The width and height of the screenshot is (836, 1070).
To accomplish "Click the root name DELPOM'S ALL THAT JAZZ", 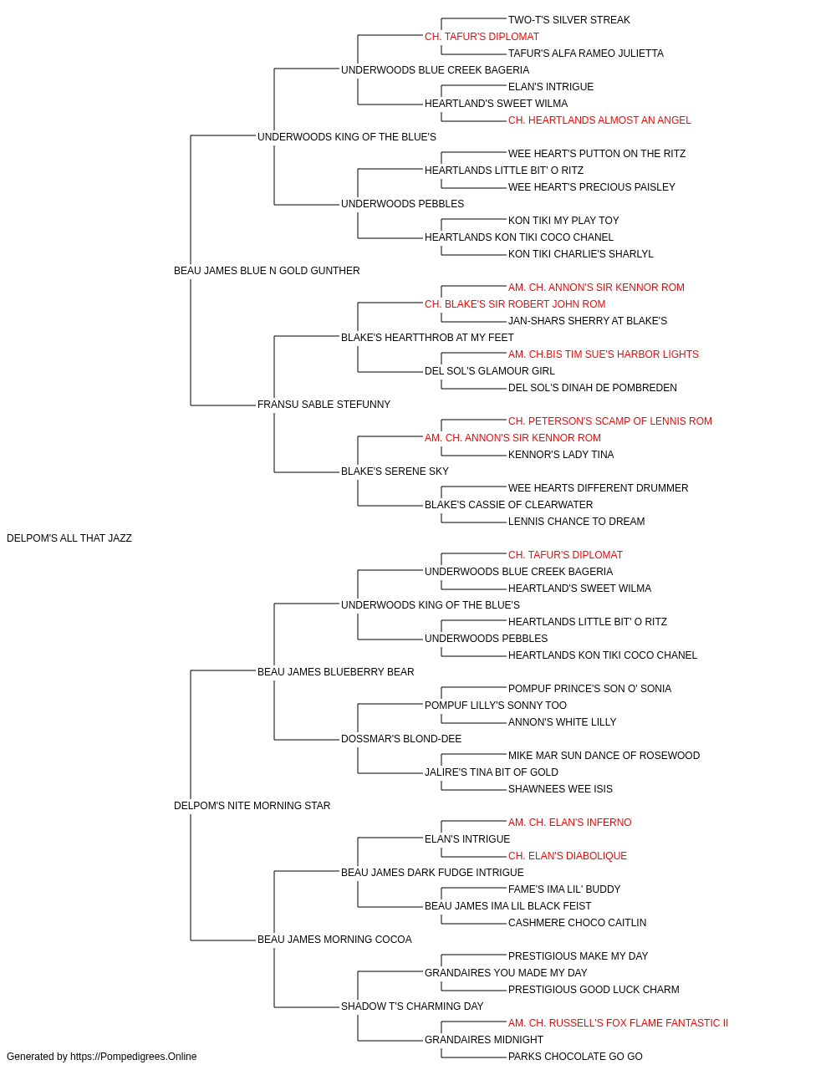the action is pos(69,538).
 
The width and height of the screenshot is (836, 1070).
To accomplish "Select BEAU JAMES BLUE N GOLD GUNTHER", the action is pos(267,271).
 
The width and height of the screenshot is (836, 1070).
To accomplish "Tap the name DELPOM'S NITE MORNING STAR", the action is pos(252,806).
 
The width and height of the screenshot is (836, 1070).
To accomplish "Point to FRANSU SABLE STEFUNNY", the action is pos(324,405).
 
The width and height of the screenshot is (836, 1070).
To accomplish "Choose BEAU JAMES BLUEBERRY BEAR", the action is pos(336,671).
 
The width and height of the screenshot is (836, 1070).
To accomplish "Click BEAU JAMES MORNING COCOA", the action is pos(334,939).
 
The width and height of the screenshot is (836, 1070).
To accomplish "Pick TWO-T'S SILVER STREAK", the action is pos(569,20).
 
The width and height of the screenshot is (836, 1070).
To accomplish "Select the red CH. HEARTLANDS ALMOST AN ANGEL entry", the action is pos(599,120).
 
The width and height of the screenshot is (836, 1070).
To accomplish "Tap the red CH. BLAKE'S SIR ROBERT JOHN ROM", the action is pos(515,304).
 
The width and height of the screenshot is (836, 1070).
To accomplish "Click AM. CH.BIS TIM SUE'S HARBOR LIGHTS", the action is pos(604,354).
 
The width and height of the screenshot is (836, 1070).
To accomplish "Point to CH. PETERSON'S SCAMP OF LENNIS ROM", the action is pos(610,421).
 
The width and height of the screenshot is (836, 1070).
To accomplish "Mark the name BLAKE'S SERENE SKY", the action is pos(395,471).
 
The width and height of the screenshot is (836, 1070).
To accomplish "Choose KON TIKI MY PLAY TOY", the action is pos(563,221).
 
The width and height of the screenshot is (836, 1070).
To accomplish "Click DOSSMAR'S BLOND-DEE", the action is pos(401,739).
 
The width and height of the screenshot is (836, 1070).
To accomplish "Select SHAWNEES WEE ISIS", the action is pos(560,789).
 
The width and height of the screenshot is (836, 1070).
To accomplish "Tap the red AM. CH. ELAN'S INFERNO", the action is pos(569,823).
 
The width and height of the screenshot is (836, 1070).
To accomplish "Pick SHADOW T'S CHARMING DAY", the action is pos(413,1006).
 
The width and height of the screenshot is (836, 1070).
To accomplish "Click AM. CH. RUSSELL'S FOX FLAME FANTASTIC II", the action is pos(619,1022).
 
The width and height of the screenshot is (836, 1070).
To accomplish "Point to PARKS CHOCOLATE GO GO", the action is pos(575,1057).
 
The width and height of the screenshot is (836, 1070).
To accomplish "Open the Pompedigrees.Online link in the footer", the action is pos(134,1057).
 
